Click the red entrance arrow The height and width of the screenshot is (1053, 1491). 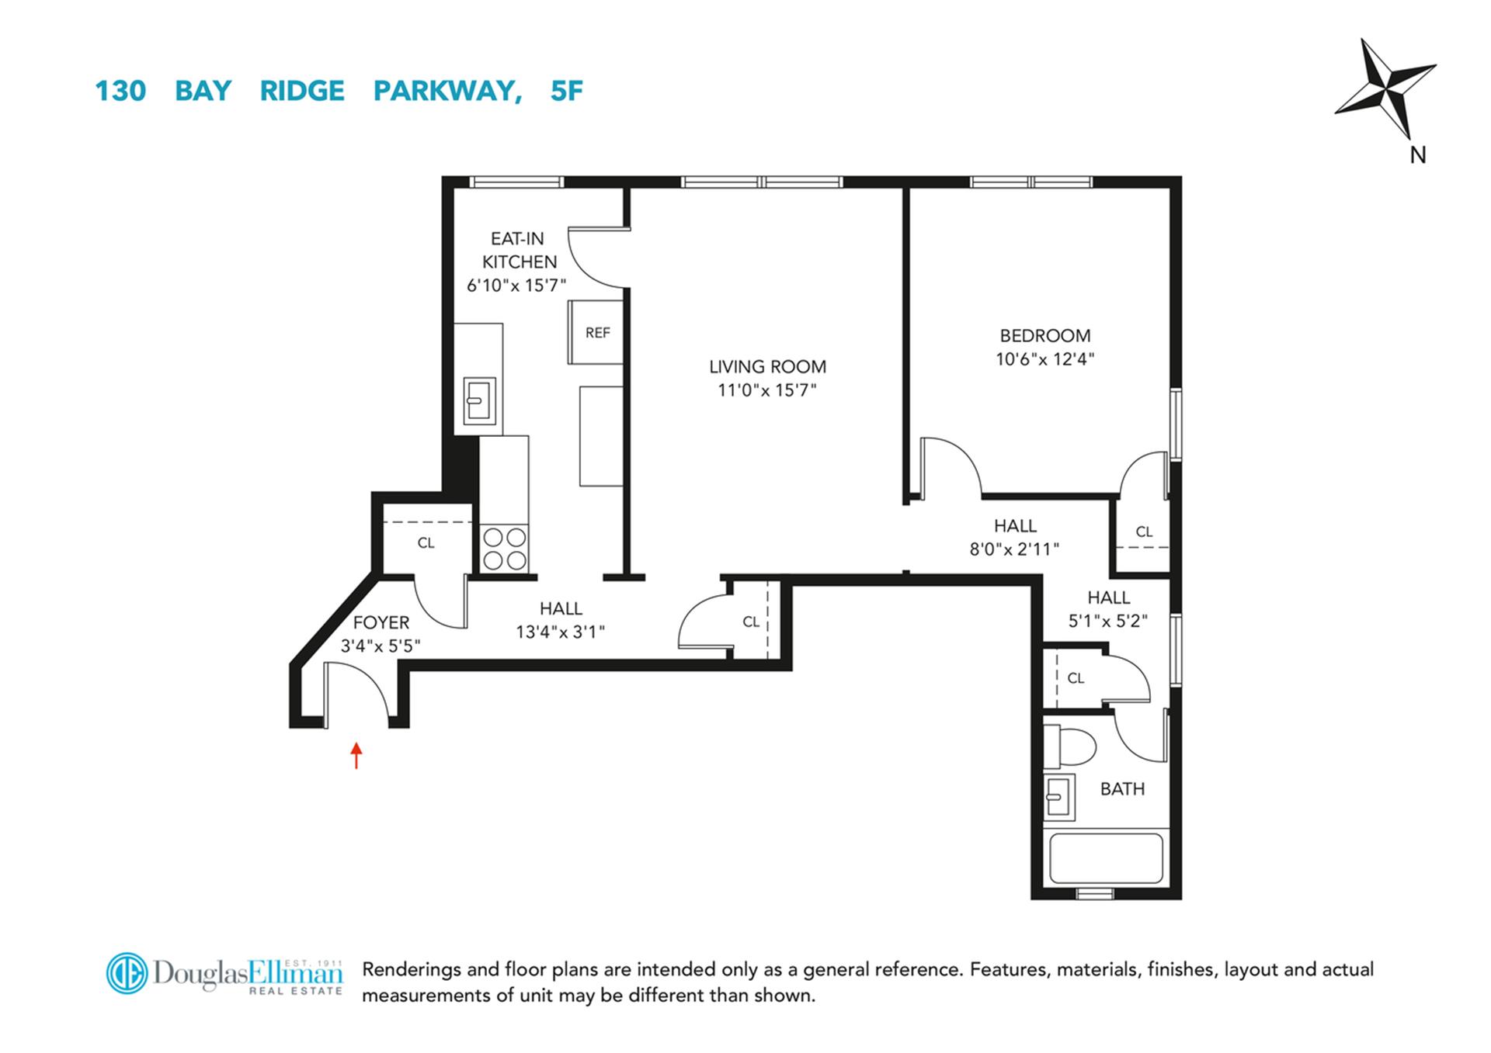(x=356, y=755)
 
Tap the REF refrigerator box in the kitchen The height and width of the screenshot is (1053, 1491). (x=596, y=333)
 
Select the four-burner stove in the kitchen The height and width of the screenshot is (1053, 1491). (x=505, y=549)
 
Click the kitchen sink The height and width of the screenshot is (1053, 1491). (x=479, y=400)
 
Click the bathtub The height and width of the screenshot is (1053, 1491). (x=1105, y=858)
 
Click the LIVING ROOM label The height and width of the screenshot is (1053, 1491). (x=767, y=366)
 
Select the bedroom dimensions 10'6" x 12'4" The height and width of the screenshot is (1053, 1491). (x=1044, y=359)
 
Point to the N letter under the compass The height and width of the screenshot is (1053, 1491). (x=1417, y=156)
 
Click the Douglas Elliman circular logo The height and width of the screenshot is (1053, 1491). (x=127, y=973)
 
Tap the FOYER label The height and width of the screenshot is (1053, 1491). (x=381, y=622)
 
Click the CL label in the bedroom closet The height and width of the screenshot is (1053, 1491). (x=1144, y=532)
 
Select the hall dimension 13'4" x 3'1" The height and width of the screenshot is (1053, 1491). (x=560, y=632)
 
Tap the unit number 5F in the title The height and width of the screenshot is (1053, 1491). (x=566, y=91)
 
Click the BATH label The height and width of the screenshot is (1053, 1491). (x=1122, y=789)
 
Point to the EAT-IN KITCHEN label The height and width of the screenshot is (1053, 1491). (x=518, y=250)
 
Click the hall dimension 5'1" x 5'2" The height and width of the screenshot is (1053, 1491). (x=1108, y=621)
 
